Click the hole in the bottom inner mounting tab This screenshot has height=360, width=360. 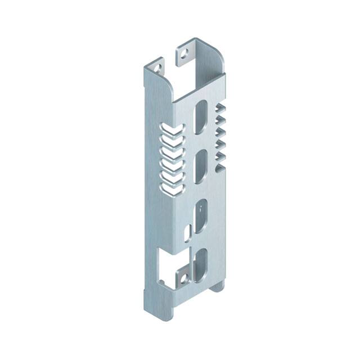[x=182, y=277]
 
